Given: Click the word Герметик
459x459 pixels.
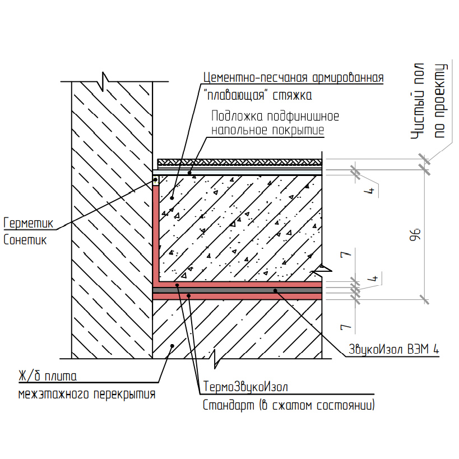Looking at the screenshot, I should (x=27, y=223).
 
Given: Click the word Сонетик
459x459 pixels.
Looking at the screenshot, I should (x=25, y=240).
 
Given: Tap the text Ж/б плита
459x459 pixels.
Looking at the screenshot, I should (x=47, y=375).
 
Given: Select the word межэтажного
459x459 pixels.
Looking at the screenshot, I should (x=53, y=395).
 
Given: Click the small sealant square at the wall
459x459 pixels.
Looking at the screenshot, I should (x=156, y=180).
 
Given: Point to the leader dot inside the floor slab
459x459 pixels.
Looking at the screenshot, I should (x=173, y=346).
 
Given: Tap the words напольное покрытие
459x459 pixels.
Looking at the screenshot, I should (x=267, y=131).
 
